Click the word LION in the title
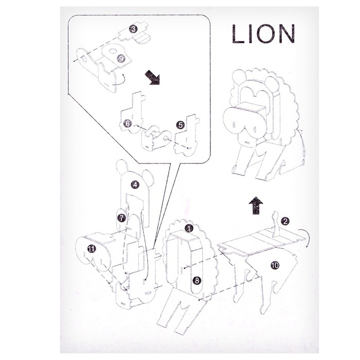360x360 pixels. point(263,34)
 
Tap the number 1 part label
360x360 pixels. point(189,228)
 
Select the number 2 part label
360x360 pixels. point(285,221)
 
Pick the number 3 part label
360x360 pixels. point(133,29)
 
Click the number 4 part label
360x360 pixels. point(135,184)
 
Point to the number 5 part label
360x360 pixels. point(181,125)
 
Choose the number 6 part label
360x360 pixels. point(127,123)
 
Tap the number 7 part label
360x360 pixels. point(121,218)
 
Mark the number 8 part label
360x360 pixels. point(197,280)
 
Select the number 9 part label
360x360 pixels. point(121,58)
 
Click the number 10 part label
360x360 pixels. point(275,265)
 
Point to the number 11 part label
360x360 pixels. point(92,248)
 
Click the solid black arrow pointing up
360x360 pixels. point(256,206)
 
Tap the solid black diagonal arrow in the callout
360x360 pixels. point(152,77)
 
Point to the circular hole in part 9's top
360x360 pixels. point(113,50)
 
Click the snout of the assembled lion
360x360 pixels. point(244,122)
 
